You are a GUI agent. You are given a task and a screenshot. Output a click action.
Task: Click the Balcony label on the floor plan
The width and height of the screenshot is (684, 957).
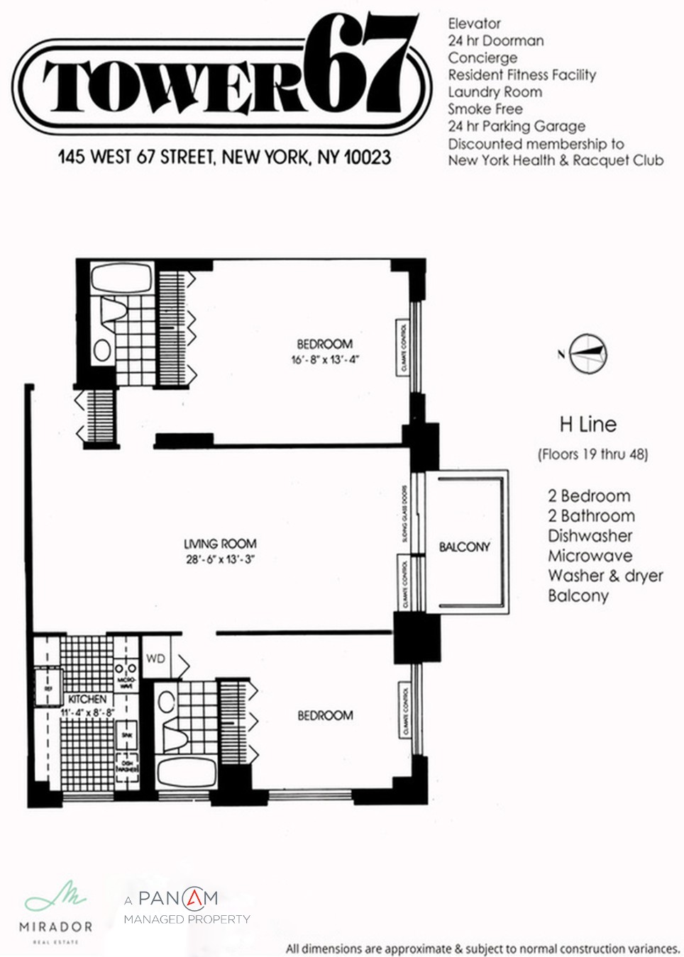(x=464, y=547)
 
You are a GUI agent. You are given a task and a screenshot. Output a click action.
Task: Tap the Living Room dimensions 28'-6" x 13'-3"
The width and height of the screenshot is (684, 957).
(x=219, y=559)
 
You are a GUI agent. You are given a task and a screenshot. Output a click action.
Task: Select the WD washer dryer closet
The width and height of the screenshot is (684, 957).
(x=156, y=659)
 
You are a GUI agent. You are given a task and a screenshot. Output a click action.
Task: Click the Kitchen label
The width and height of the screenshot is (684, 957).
(x=87, y=699)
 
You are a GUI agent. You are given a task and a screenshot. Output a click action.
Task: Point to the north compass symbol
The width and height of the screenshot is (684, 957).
(x=588, y=353)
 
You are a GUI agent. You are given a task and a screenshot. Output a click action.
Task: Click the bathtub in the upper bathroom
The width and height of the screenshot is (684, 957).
(x=121, y=278)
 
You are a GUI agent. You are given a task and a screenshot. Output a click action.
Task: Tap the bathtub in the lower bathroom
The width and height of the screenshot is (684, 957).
(x=187, y=772)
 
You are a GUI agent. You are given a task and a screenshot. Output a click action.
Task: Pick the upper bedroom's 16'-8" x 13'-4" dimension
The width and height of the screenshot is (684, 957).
(x=325, y=359)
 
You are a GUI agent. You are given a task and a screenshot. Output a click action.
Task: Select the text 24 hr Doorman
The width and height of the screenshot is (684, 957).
(x=495, y=40)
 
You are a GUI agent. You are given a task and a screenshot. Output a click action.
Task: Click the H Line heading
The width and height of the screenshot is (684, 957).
(x=588, y=425)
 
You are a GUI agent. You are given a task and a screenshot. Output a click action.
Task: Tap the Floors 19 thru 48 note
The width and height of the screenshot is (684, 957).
(x=592, y=454)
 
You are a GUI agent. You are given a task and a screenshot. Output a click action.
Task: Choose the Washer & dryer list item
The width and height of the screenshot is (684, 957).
(x=605, y=576)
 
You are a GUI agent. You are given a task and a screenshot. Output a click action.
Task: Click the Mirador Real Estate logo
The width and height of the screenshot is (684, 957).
(x=55, y=911)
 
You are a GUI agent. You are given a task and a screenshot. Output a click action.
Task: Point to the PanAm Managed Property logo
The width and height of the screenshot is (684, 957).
(x=186, y=907)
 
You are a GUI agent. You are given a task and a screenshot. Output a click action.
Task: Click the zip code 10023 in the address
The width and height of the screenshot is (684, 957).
(x=367, y=157)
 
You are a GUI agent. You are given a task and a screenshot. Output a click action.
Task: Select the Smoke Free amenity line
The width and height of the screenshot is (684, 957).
(x=485, y=108)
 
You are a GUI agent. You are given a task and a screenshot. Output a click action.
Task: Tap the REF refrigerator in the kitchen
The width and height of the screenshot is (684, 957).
(x=48, y=688)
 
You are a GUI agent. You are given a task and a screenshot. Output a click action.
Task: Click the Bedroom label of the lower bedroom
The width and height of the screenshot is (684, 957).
(x=325, y=716)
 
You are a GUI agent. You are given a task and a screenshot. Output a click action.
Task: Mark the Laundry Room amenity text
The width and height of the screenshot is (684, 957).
(x=495, y=91)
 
